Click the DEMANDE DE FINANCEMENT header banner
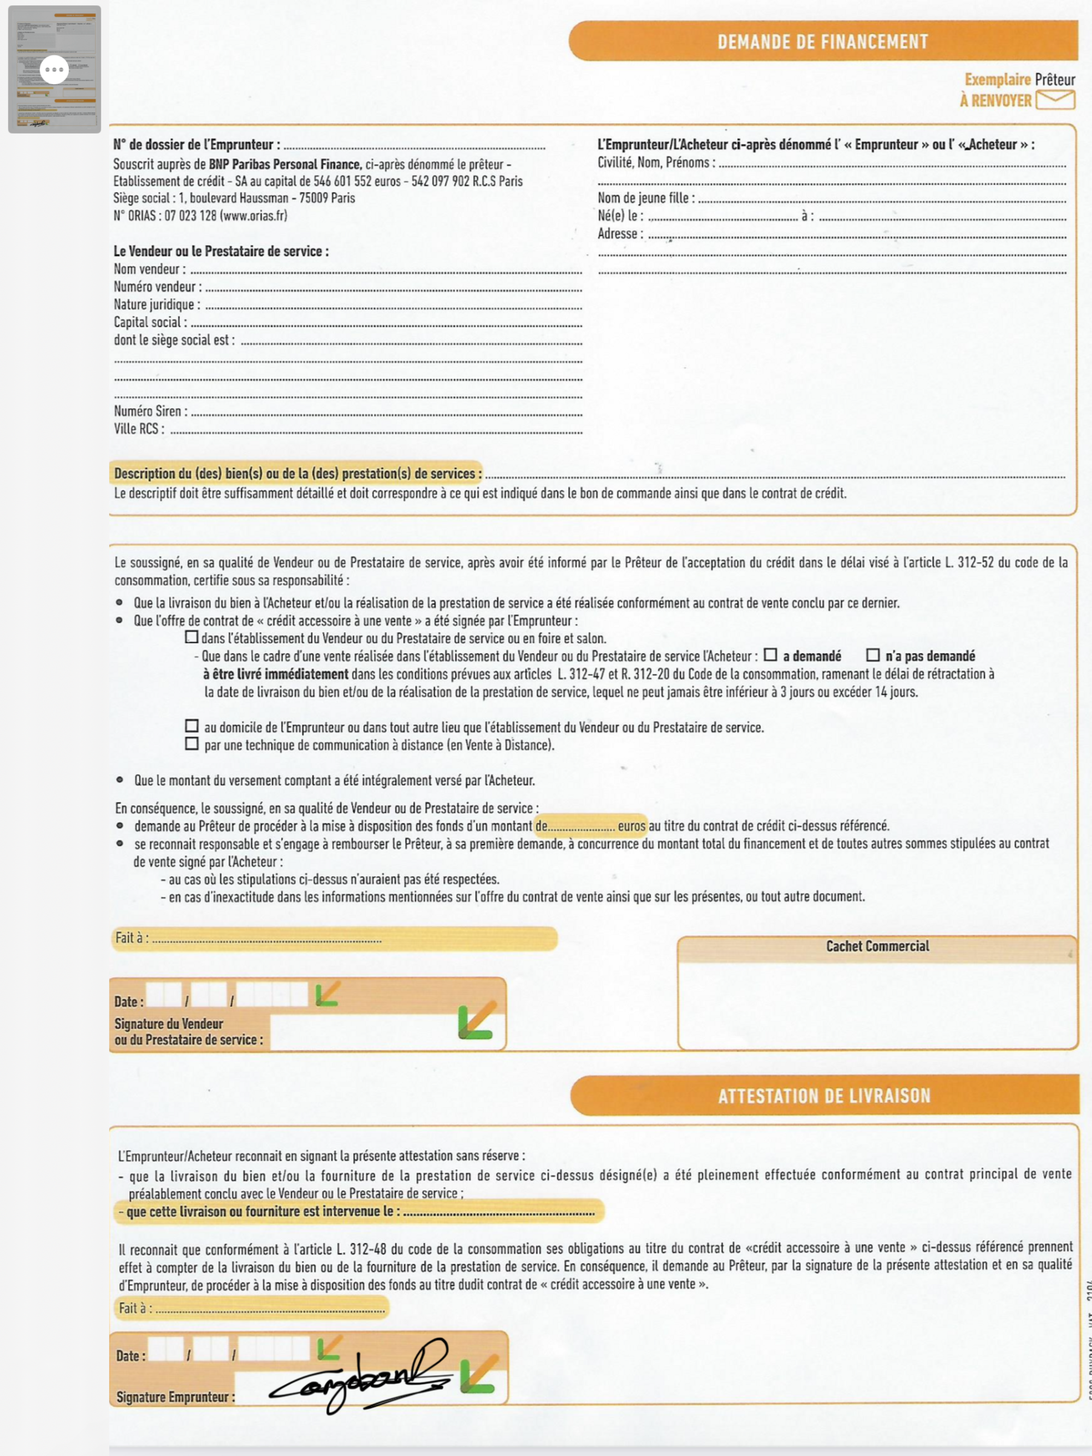tap(822, 41)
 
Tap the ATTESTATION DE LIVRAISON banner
tap(824, 1096)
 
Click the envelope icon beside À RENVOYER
tap(1055, 100)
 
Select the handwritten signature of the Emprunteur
tap(359, 1375)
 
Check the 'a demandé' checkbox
tap(770, 655)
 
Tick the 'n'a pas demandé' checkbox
tap(873, 655)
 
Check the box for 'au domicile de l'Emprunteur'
tap(192, 726)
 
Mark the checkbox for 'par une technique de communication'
tap(192, 744)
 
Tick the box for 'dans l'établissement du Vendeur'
tap(192, 637)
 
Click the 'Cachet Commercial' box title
tap(877, 946)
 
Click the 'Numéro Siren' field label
tap(150, 412)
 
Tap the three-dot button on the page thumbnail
tap(54, 70)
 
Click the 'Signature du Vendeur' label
tap(169, 1024)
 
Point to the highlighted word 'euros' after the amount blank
tap(631, 826)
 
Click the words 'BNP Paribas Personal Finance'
tap(285, 164)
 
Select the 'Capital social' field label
tap(150, 323)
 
